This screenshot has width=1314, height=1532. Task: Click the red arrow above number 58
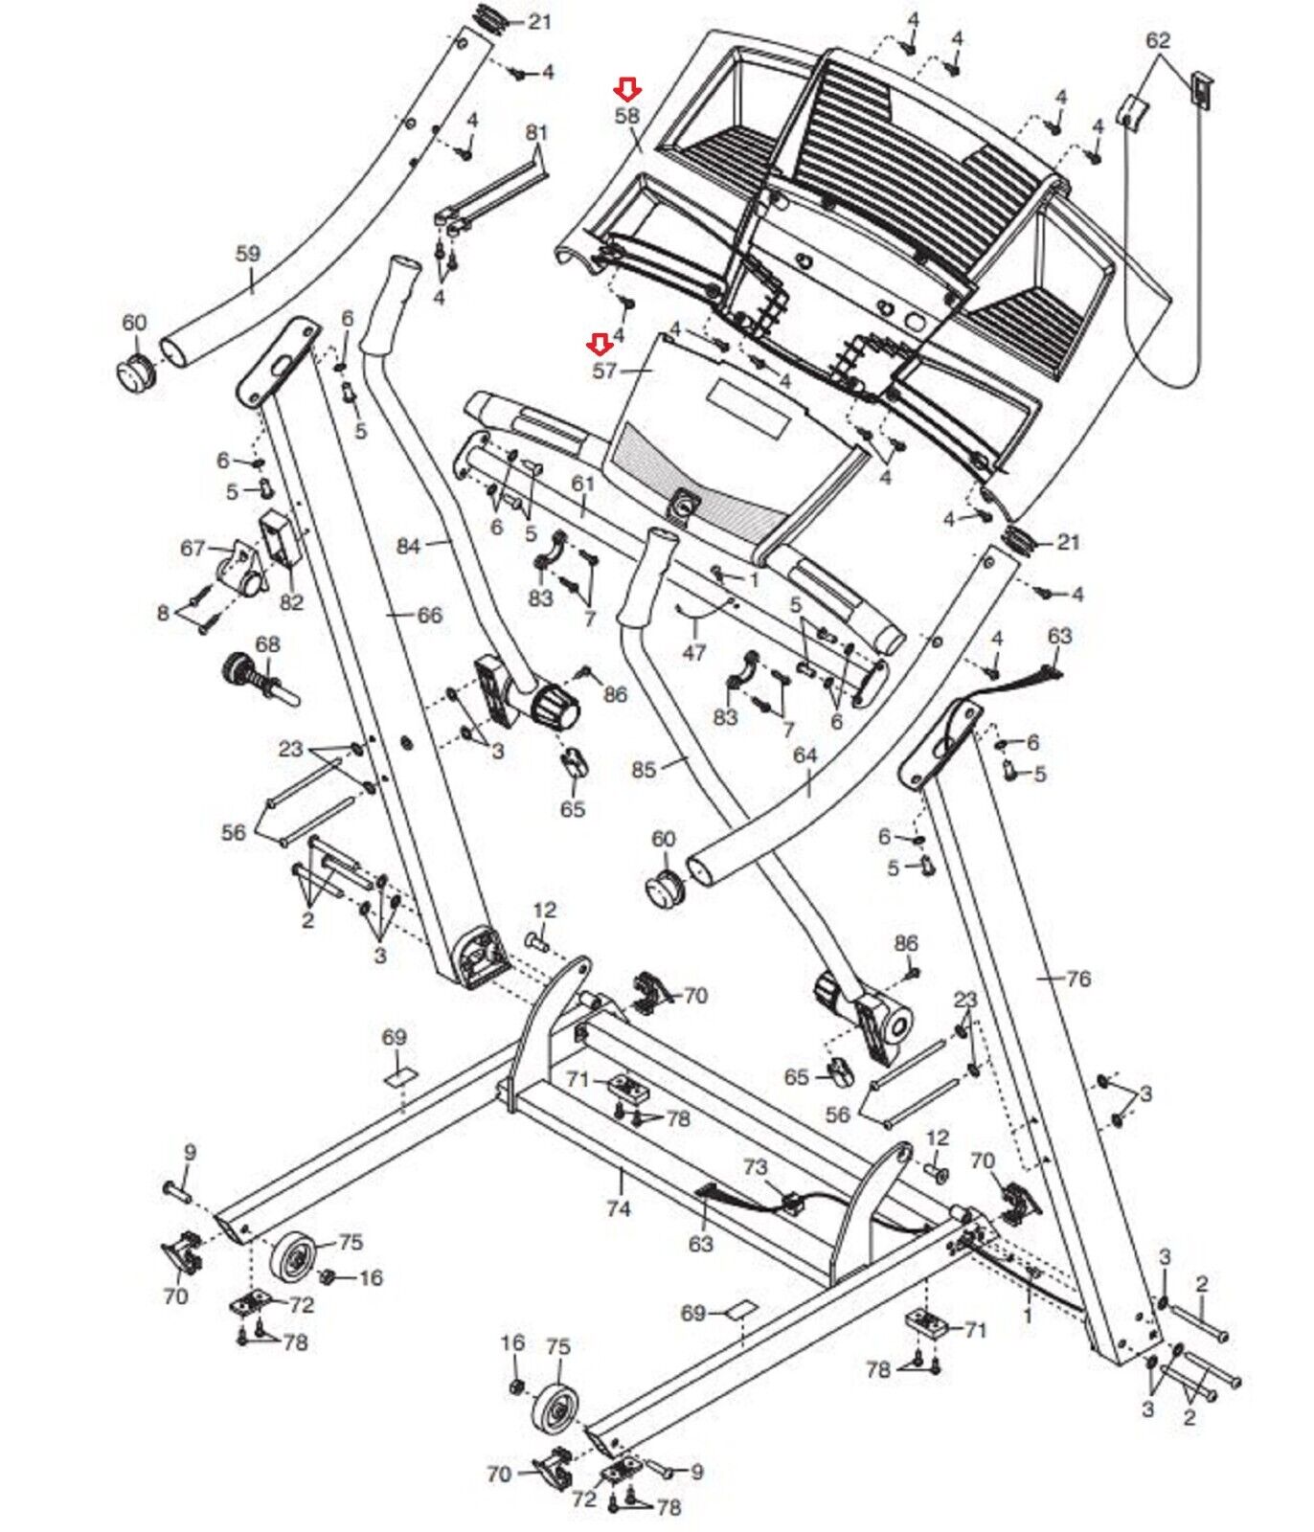coord(628,90)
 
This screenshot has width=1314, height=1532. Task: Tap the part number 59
coord(247,255)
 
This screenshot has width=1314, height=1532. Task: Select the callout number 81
coord(536,131)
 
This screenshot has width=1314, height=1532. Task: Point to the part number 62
coord(1158,41)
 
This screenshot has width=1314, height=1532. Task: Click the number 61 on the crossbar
coord(583,484)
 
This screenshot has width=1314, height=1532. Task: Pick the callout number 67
coord(193,549)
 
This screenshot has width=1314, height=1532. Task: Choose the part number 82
coord(291,602)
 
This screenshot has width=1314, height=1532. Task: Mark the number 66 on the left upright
coord(430,615)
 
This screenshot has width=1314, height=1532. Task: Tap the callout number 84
coord(409,547)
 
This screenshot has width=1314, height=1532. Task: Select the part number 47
coord(693,652)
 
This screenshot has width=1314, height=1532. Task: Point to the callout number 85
coord(645,769)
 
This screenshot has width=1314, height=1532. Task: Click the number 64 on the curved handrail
coord(805,755)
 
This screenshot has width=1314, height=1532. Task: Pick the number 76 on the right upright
coord(1078,979)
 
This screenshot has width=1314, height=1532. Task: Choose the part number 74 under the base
coord(619,1208)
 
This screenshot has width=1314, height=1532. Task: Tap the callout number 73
coord(756,1167)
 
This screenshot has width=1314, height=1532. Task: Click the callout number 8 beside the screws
coord(164,612)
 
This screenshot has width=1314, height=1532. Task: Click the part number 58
coord(627,116)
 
